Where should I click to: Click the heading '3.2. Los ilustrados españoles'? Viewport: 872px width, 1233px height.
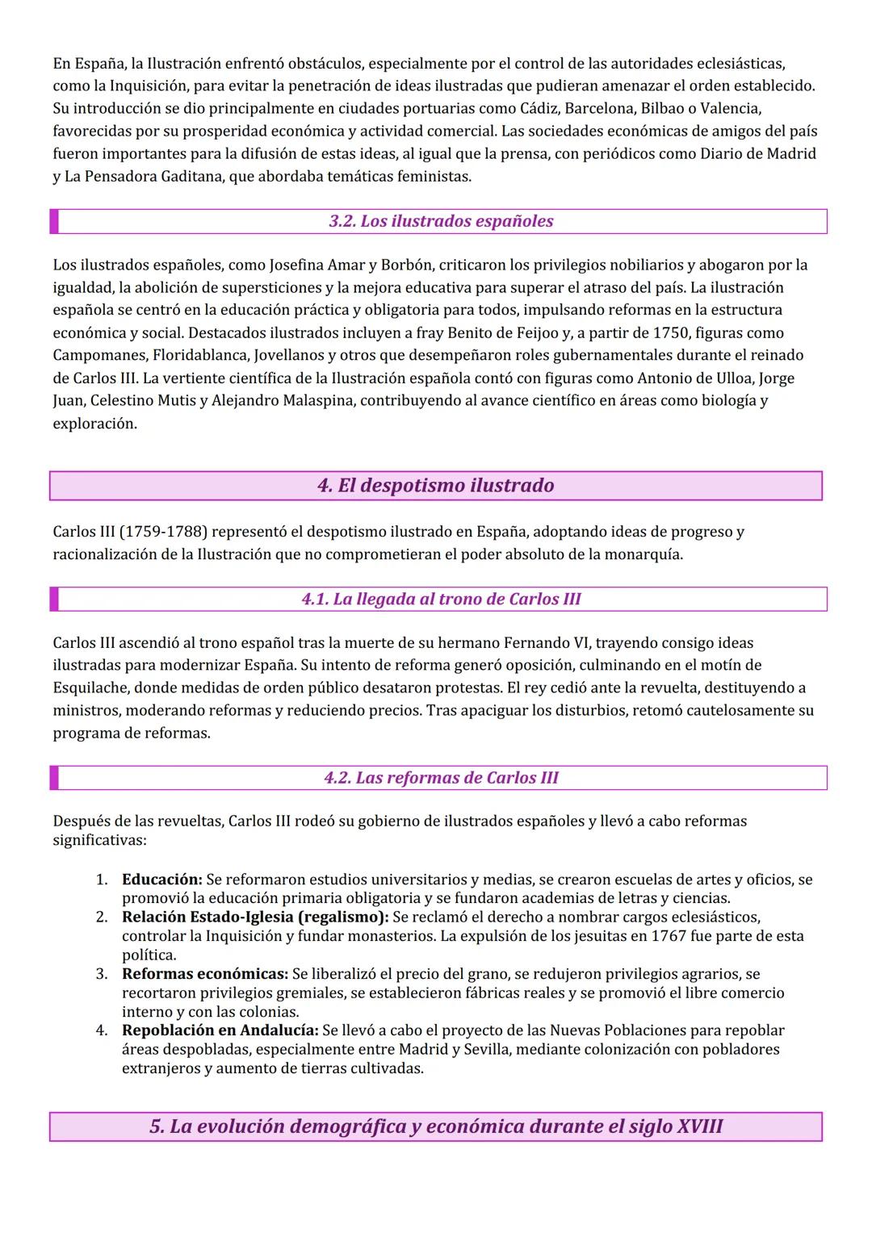tap(441, 221)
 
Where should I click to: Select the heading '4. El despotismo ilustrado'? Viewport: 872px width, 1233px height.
tap(435, 486)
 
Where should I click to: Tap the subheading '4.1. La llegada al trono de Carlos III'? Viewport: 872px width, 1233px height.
tap(441, 599)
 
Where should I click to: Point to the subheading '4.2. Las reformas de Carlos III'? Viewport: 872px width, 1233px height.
tap(441, 778)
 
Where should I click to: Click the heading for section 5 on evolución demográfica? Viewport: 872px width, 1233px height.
tap(435, 1126)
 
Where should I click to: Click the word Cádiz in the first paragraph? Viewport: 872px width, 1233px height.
tap(582, 108)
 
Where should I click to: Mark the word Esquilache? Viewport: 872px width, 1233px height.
tap(90, 688)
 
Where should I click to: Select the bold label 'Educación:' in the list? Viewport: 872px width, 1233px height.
tap(161, 880)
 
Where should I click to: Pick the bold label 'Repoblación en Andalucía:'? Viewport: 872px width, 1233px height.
tap(220, 1030)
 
